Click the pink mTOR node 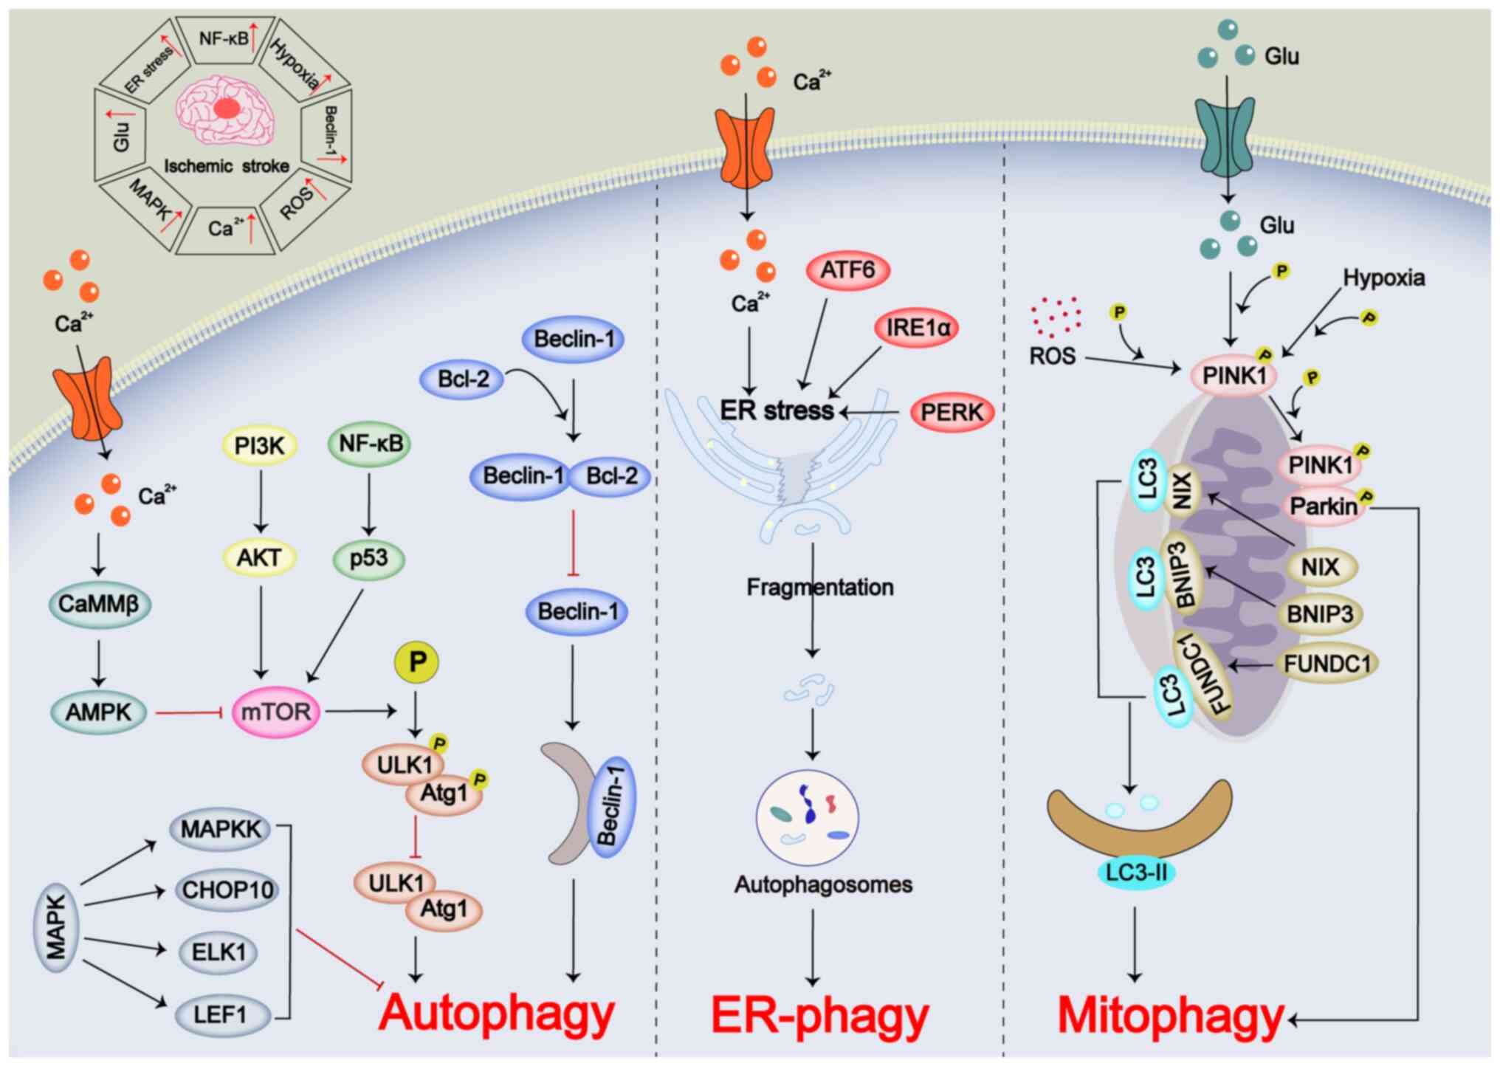click(x=276, y=712)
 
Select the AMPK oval click(x=98, y=712)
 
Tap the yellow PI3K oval click(x=259, y=445)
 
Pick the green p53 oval click(x=368, y=558)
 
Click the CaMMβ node click(x=99, y=604)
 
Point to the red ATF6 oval click(x=847, y=270)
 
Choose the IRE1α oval click(x=917, y=327)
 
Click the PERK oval click(x=952, y=412)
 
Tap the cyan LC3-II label click(x=1135, y=873)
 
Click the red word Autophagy click(x=496, y=1013)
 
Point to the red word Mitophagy click(x=1171, y=1016)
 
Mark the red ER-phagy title click(x=819, y=1016)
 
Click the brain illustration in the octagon click(x=225, y=109)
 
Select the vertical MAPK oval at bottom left click(x=56, y=927)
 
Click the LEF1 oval click(x=219, y=1015)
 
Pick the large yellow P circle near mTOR click(x=417, y=662)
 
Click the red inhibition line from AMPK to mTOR click(x=189, y=712)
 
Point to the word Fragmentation click(x=819, y=588)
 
